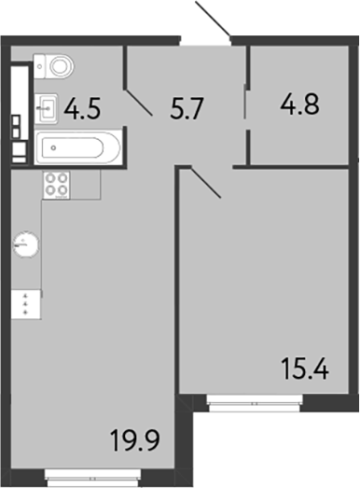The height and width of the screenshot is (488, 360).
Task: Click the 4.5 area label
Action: [x=82, y=111]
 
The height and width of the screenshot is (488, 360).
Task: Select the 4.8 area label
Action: [x=300, y=102]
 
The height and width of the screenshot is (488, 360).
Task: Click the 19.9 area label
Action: [x=132, y=437]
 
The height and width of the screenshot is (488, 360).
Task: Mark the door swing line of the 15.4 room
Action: [x=205, y=182]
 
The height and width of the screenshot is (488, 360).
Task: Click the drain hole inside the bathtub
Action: [x=52, y=147]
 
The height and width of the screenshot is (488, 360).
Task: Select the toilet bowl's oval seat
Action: [x=62, y=66]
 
